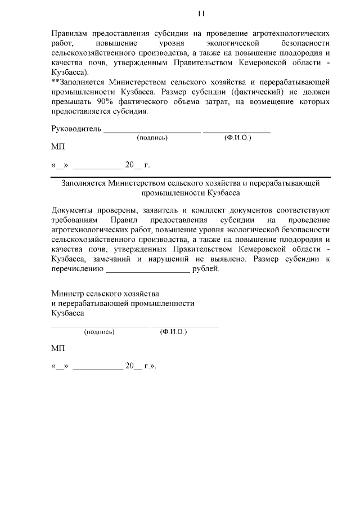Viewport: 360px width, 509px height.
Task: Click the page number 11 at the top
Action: [201, 13]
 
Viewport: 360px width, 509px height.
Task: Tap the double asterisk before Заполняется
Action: [55, 81]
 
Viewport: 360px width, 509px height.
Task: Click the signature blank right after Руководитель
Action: [152, 130]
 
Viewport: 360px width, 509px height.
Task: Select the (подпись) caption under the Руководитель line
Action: [152, 137]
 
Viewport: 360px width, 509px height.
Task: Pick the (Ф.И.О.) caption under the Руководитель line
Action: [237, 137]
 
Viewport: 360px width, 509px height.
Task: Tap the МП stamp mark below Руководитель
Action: [58, 147]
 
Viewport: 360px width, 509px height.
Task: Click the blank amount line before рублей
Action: [147, 269]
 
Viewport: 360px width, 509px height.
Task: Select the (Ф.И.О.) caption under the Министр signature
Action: [173, 332]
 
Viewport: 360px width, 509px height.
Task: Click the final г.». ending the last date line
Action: [149, 366]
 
